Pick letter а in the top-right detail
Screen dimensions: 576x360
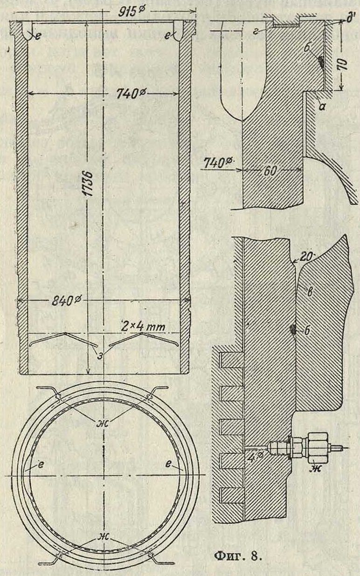[x=318, y=99]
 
